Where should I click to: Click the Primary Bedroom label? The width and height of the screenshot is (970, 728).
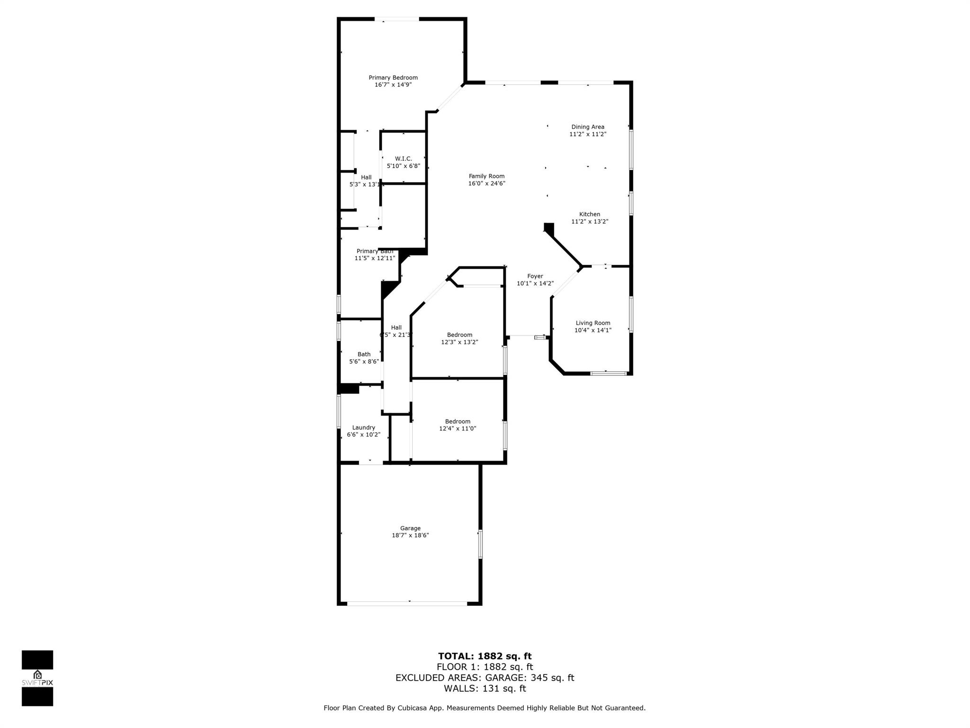pyautogui.click(x=393, y=78)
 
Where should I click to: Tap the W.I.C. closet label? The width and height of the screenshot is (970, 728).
pyautogui.click(x=403, y=159)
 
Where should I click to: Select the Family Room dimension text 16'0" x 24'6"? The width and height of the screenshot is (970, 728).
pyautogui.click(x=486, y=183)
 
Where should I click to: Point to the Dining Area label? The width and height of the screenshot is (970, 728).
pyautogui.click(x=587, y=127)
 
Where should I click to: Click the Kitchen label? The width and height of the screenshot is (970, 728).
pyautogui.click(x=589, y=214)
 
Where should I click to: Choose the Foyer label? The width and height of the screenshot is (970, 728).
pyautogui.click(x=535, y=276)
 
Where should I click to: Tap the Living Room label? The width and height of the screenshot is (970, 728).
pyautogui.click(x=593, y=323)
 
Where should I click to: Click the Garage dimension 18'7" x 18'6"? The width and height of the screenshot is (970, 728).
pyautogui.click(x=410, y=535)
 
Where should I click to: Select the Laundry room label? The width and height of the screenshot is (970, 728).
pyautogui.click(x=363, y=428)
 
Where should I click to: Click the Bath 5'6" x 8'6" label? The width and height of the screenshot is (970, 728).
pyautogui.click(x=364, y=358)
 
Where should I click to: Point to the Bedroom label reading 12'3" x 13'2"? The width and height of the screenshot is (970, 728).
pyautogui.click(x=459, y=338)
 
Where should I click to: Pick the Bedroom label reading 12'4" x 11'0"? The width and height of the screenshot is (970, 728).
pyautogui.click(x=458, y=425)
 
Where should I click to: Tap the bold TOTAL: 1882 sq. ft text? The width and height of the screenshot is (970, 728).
pyautogui.click(x=485, y=656)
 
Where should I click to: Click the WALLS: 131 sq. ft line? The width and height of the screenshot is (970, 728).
pyautogui.click(x=485, y=689)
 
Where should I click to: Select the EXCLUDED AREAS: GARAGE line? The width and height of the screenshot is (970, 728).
pyautogui.click(x=485, y=678)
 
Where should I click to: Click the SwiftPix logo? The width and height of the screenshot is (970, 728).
pyautogui.click(x=37, y=678)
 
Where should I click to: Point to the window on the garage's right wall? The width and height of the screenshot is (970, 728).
pyautogui.click(x=480, y=544)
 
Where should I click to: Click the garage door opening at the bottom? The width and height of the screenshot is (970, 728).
pyautogui.click(x=407, y=603)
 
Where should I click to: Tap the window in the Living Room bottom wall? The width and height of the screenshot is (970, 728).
pyautogui.click(x=608, y=373)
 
